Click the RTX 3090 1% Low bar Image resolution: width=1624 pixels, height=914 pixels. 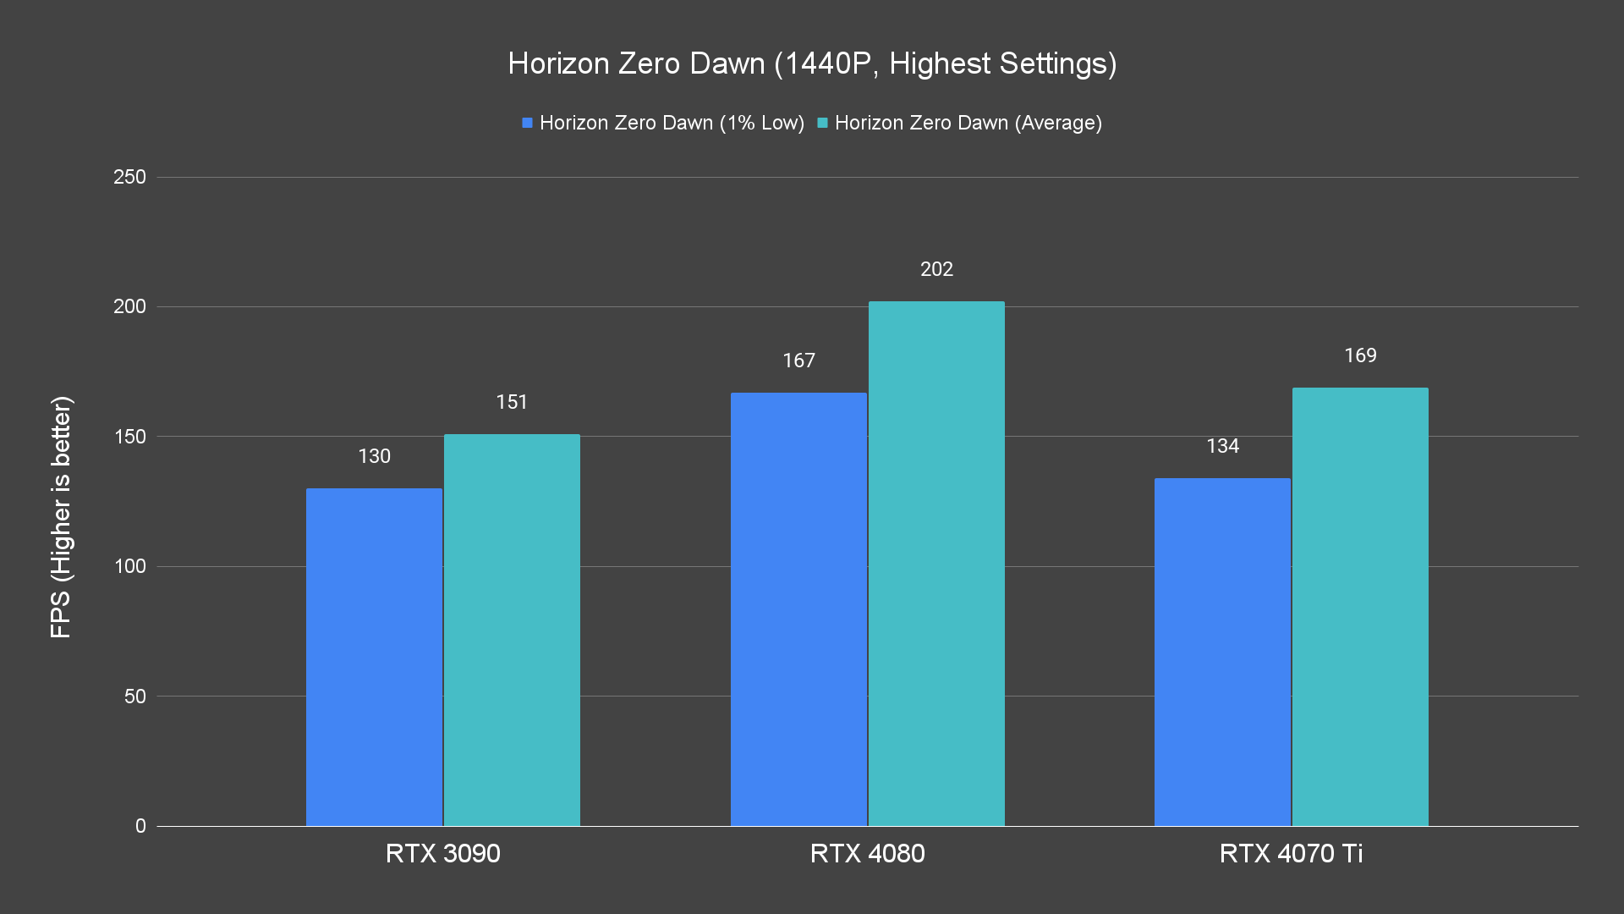click(374, 657)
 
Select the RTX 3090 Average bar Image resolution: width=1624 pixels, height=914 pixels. click(512, 630)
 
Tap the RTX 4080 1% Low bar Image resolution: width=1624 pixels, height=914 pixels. click(798, 609)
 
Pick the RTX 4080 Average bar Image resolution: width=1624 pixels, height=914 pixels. click(936, 564)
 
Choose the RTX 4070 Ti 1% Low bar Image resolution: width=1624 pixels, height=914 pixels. click(1222, 652)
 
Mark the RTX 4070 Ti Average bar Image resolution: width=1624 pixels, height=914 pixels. click(1360, 607)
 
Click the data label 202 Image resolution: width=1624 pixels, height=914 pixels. click(936, 269)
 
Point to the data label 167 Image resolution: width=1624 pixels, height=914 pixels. click(798, 361)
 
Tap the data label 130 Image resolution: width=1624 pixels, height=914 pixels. click(374, 456)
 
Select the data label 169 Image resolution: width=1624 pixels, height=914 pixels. click(1360, 355)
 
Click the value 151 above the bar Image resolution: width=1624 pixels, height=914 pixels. click(512, 402)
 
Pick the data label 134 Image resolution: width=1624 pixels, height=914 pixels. click(1222, 446)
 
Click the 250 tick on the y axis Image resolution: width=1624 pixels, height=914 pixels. click(129, 177)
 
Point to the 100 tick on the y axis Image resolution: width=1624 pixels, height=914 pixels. click(129, 566)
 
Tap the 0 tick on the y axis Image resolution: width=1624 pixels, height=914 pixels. click(140, 826)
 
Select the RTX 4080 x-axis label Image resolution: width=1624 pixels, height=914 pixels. click(867, 853)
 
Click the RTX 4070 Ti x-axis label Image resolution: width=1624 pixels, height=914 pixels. click(1291, 853)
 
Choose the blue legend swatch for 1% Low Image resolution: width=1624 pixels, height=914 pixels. click(527, 123)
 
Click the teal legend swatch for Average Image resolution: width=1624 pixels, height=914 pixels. click(822, 123)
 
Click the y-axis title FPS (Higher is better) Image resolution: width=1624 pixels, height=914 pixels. click(61, 516)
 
